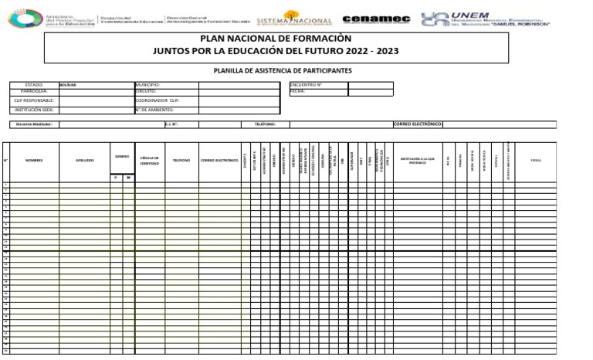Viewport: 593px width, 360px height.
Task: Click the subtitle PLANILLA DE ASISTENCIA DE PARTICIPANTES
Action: (282, 70)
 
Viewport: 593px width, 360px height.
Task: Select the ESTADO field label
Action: (34, 84)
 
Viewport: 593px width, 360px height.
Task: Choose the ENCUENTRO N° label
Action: (306, 84)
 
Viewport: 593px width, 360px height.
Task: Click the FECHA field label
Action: (297, 90)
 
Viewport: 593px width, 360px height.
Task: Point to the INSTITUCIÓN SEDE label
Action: (34, 110)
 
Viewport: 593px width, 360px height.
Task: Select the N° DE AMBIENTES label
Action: (154, 110)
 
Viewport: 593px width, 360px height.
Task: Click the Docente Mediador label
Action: (34, 124)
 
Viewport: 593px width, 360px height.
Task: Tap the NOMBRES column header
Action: (33, 160)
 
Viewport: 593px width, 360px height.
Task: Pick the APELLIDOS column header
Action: (84, 160)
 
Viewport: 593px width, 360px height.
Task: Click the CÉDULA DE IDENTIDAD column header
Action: (149, 160)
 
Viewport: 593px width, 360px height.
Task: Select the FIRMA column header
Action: (536, 160)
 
